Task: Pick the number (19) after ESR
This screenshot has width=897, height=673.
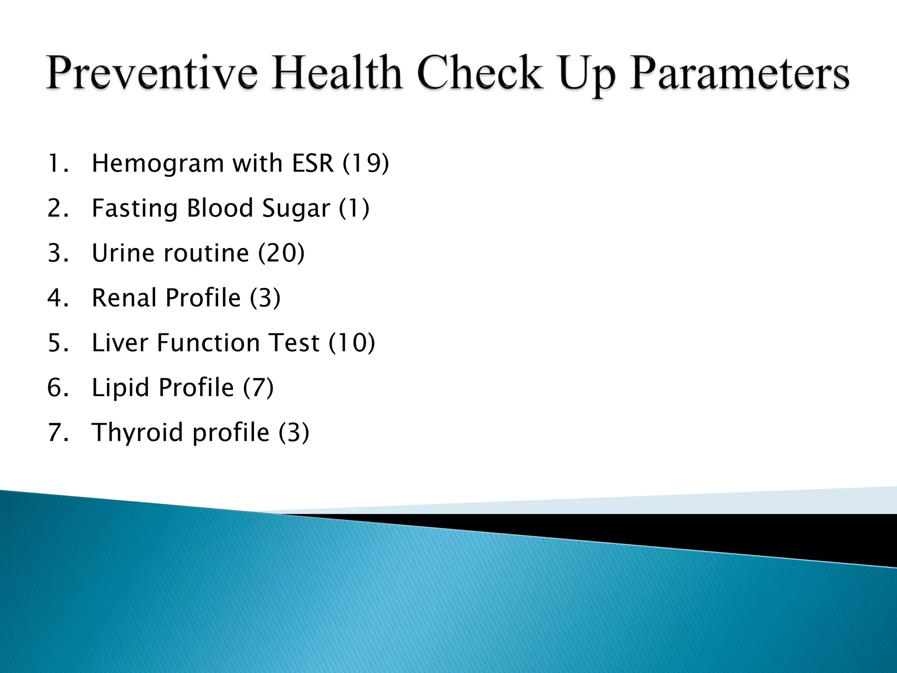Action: pos(366,164)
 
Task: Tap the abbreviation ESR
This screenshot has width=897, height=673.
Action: pos(312,164)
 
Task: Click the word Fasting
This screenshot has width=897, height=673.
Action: pos(134,209)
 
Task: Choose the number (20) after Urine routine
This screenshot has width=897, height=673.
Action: pos(281,253)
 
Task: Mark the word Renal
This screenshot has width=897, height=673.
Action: pos(124,298)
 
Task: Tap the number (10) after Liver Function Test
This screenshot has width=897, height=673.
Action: pos(352,343)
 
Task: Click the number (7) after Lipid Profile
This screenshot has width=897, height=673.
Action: pos(258,388)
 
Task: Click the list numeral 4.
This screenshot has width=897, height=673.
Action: pos(56,298)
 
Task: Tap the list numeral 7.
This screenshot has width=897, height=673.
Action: pos(56,432)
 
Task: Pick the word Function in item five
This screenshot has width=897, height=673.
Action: pos(208,343)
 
